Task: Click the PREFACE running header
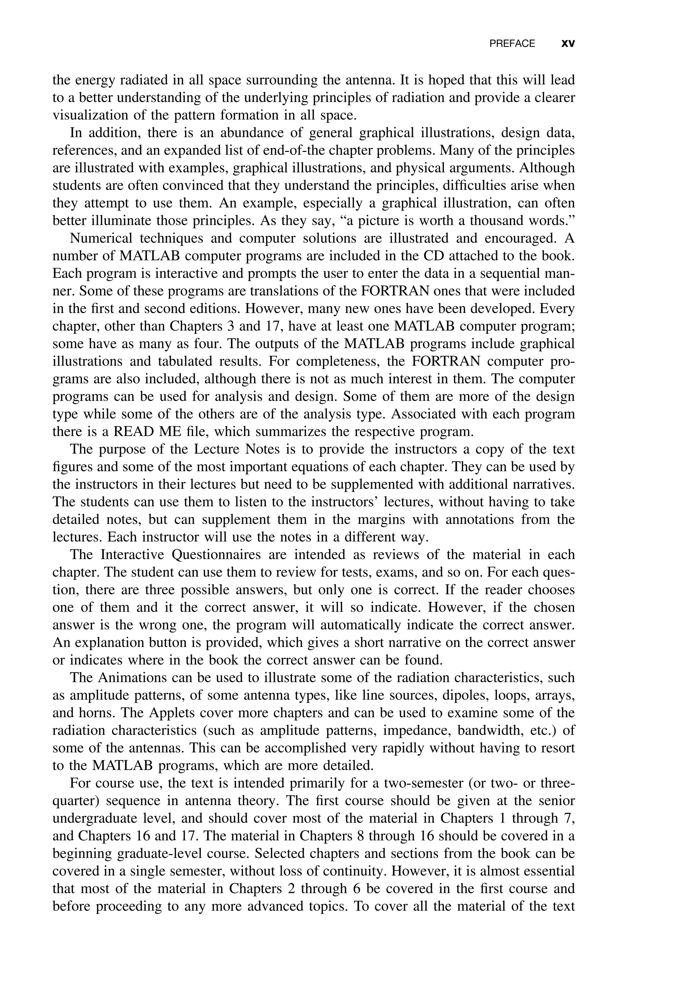[x=512, y=44]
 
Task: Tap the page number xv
[x=568, y=44]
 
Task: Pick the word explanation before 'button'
[x=107, y=643]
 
